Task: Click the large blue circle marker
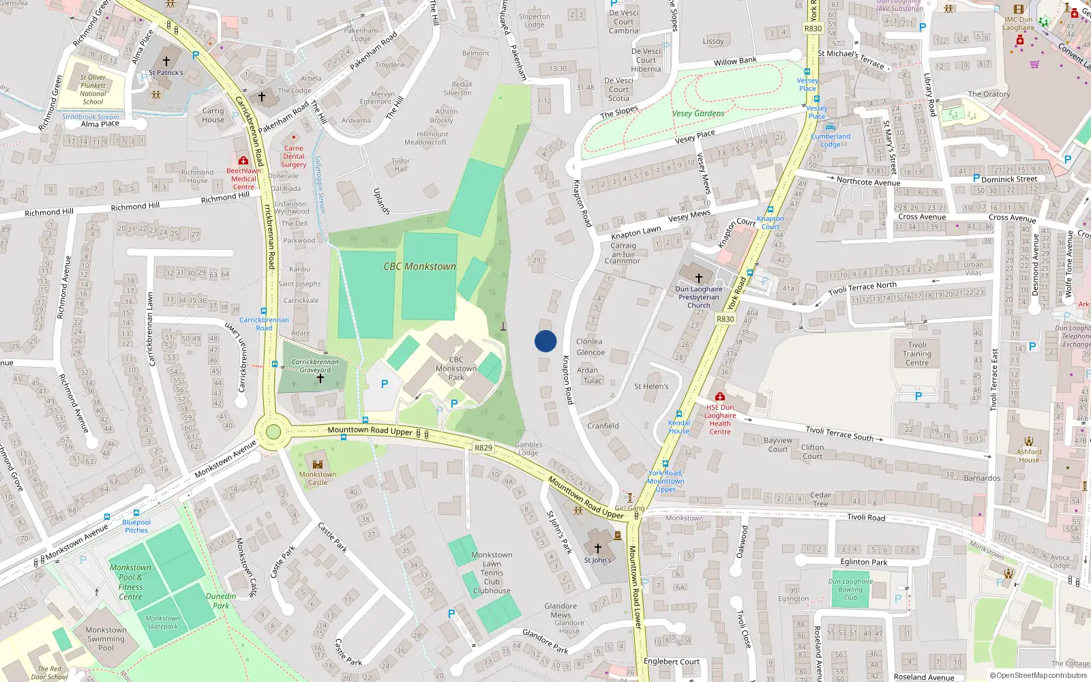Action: coord(545,341)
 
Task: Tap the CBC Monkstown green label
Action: coord(419,267)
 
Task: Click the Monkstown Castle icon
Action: coord(317,463)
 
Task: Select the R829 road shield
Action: coord(483,448)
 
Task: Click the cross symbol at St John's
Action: coord(598,548)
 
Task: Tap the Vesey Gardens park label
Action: coord(698,114)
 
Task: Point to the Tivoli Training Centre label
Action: coord(917,354)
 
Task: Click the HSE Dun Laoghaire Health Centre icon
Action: coord(719,396)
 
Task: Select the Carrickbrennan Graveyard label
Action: coord(315,366)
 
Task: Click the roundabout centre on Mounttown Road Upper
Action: coord(273,432)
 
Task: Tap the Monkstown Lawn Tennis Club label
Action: coord(492,573)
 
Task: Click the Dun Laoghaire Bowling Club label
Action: coord(850,590)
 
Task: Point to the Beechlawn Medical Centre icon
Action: coord(243,160)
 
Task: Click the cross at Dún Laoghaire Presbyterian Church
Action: coord(698,278)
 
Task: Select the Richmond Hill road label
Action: coord(135,207)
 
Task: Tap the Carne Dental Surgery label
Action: coord(294,156)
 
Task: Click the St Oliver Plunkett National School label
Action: coord(93,89)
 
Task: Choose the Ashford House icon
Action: coord(1029,441)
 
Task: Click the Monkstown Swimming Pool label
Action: coord(106,639)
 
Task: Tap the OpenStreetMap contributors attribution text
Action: coord(1038,676)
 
